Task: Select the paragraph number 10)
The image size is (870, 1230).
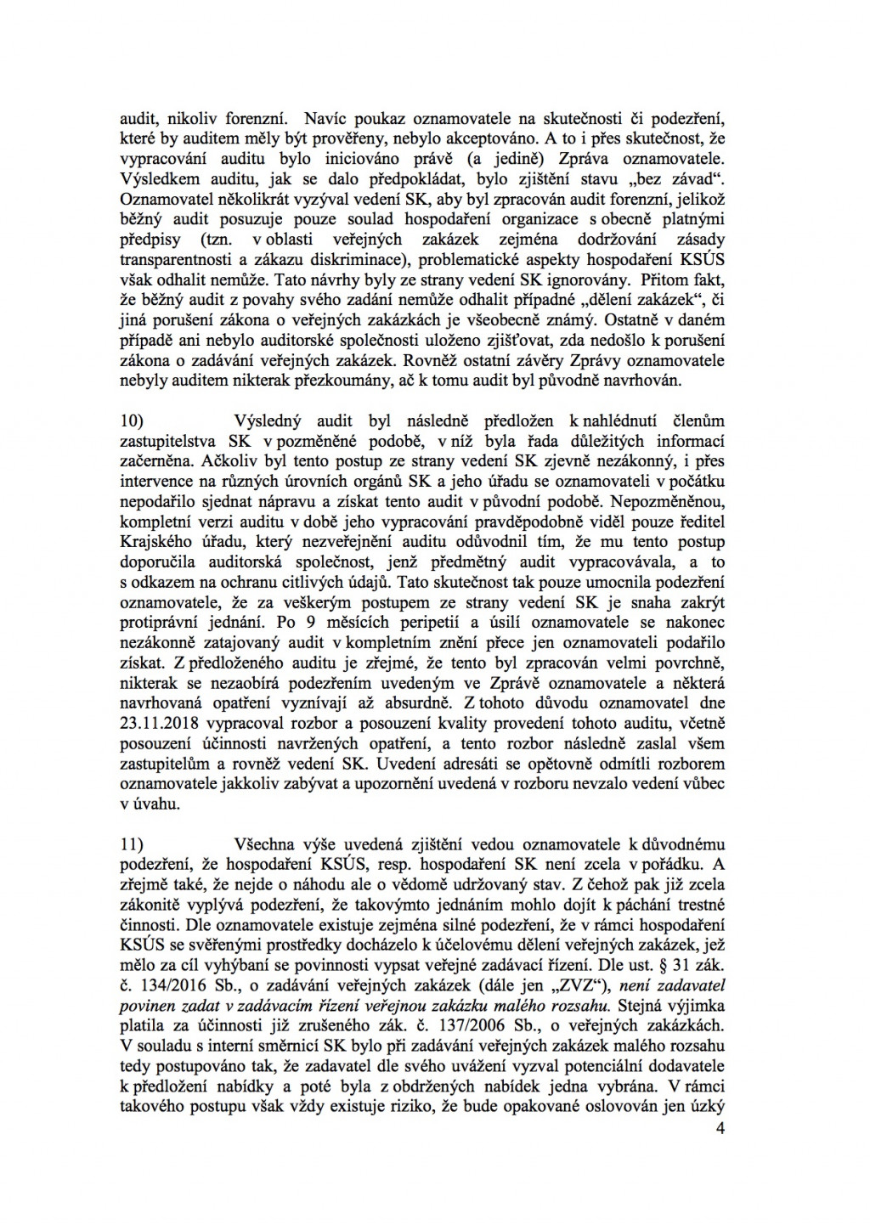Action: point(133,420)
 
